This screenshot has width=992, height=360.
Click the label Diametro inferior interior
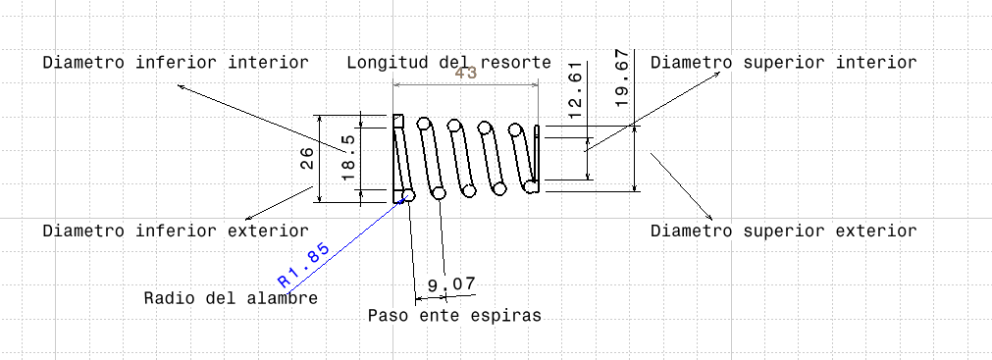[x=176, y=63]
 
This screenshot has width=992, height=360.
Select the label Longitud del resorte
[x=448, y=63]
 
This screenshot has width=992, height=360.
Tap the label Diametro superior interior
[x=783, y=63]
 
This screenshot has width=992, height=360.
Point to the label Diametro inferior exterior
[x=176, y=231]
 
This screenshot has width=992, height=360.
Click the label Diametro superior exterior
[x=783, y=231]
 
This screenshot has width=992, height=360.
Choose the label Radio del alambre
[x=231, y=298]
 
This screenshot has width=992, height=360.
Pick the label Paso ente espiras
[x=454, y=316]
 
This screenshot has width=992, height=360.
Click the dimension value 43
[x=465, y=74]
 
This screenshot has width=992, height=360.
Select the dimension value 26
[x=307, y=159]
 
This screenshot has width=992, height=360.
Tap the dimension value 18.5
[x=347, y=157]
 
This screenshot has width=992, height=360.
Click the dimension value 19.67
[x=619, y=75]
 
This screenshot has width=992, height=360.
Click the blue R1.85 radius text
[x=303, y=264]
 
